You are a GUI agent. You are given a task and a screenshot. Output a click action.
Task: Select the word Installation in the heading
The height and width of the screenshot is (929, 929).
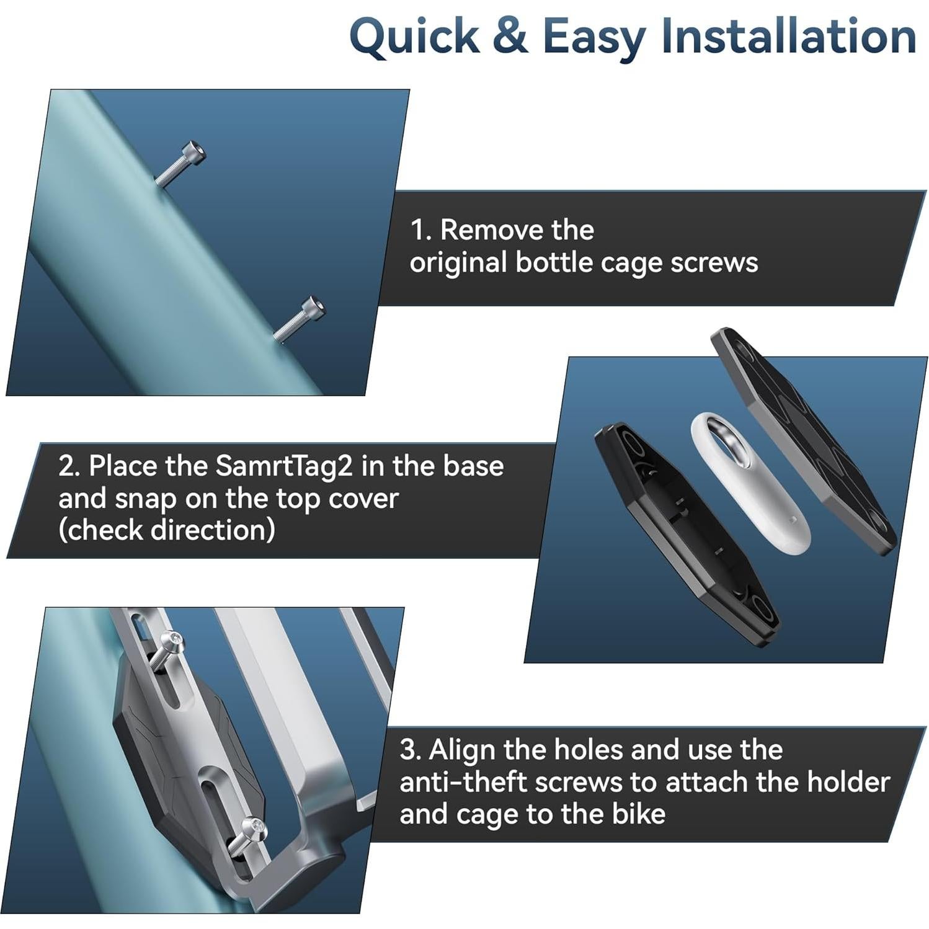[788, 35]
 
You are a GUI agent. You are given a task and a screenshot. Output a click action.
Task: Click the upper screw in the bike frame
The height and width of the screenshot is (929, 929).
[179, 163]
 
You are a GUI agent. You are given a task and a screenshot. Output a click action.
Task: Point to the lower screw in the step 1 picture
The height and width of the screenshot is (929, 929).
[299, 319]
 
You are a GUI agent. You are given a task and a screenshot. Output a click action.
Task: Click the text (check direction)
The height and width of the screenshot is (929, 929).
[167, 530]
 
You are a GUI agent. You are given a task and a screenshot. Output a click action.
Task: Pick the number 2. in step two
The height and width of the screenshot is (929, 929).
[69, 466]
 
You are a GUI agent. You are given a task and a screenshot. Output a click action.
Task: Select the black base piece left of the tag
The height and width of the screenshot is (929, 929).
[687, 534]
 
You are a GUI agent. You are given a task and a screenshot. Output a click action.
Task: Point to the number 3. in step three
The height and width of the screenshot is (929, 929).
[410, 750]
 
